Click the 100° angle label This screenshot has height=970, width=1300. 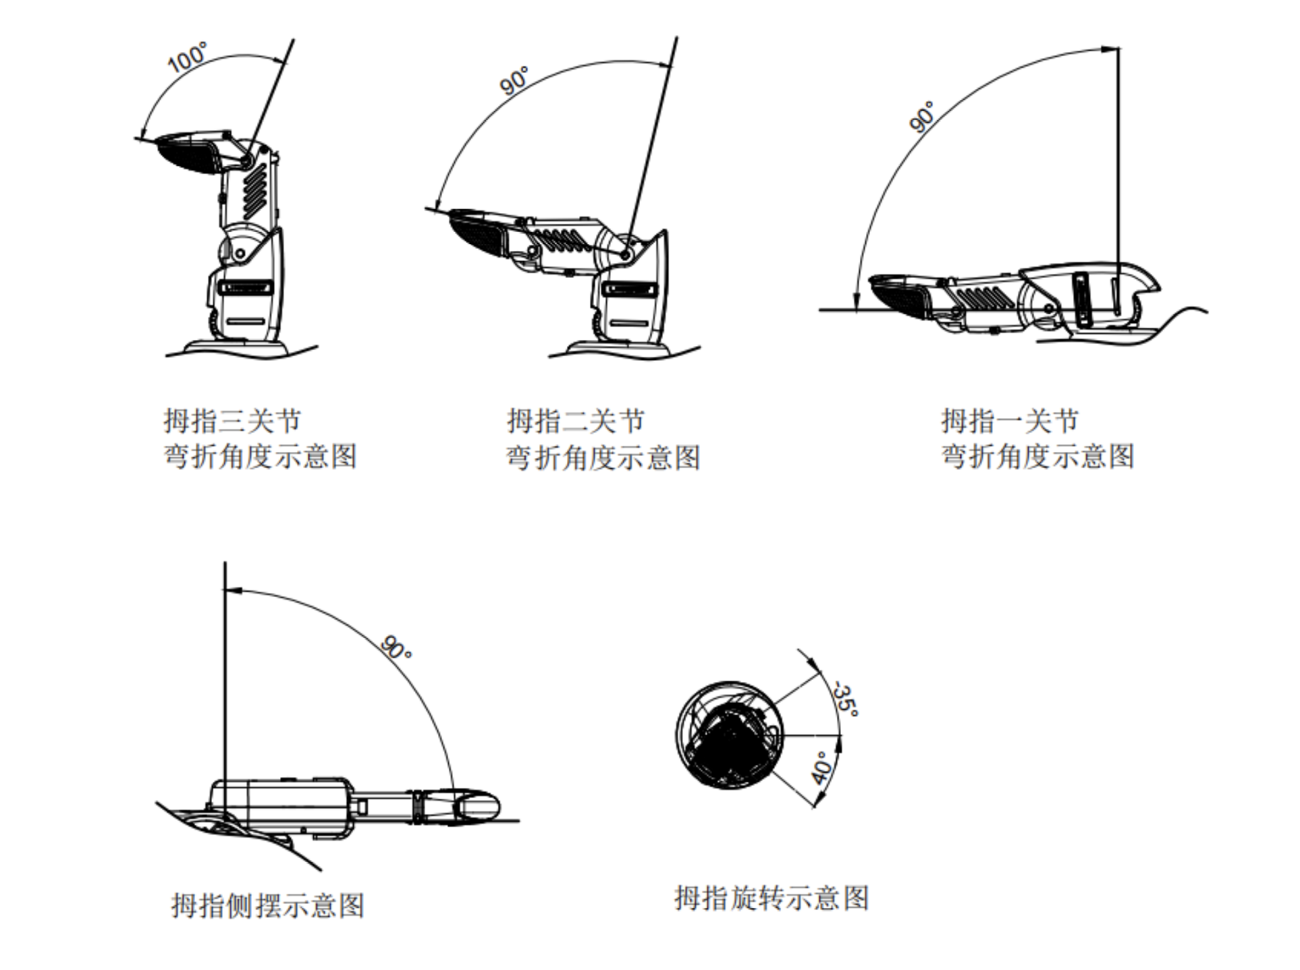tap(188, 57)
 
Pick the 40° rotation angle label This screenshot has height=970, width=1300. tap(822, 768)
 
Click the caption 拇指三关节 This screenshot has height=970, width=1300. tap(232, 421)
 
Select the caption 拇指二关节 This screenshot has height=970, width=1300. tap(576, 421)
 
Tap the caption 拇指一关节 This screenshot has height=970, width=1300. tap(1010, 421)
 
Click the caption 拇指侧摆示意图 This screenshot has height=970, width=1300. tap(268, 905)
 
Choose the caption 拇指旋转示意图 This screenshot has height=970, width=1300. tap(771, 898)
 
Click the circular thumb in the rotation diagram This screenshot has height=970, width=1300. tap(730, 736)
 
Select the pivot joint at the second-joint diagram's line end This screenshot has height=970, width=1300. tap(626, 255)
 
